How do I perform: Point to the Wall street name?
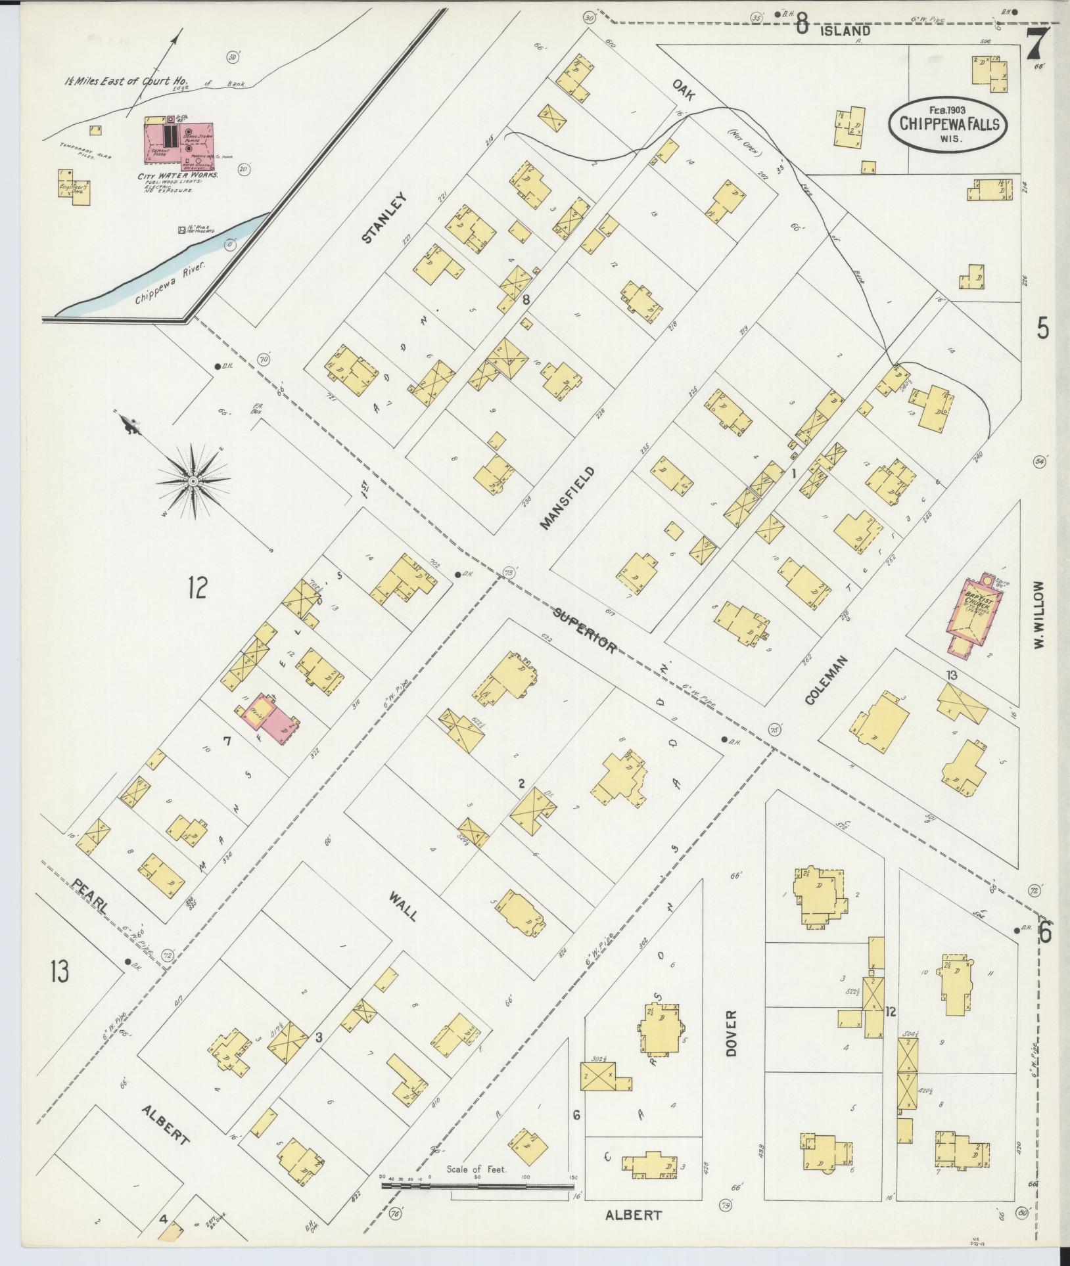coord(403,907)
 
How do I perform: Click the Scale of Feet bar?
coord(478,1187)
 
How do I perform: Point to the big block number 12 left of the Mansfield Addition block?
coord(196,587)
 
